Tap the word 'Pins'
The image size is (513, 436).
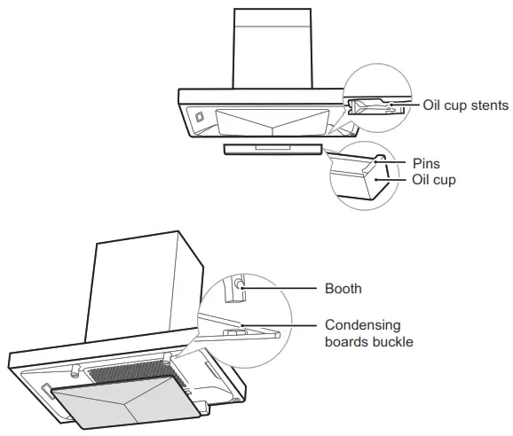tap(427, 164)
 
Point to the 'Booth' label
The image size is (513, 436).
tap(343, 288)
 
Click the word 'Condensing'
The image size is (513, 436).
tap(362, 325)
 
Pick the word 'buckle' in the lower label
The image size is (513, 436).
tap(391, 342)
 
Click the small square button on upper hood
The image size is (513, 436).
tap(199, 115)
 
